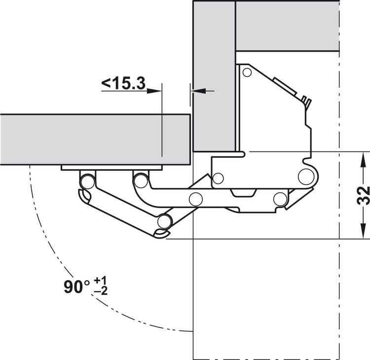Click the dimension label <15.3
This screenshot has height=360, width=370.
(x=123, y=83)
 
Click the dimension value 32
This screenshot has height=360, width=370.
(x=363, y=195)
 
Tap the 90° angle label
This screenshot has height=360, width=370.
(x=77, y=287)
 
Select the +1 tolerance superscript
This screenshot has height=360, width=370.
(x=100, y=281)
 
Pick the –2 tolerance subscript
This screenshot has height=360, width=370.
(x=101, y=291)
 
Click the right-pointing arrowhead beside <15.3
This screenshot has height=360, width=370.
(x=154, y=91)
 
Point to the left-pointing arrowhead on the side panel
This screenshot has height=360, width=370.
(x=199, y=91)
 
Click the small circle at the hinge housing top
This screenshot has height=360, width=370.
(x=247, y=72)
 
